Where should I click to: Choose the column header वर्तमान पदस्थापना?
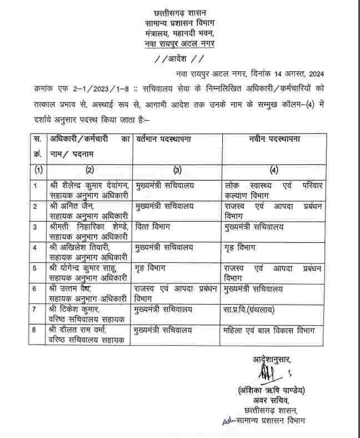[x=164, y=139]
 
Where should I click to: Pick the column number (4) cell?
[x=274, y=170]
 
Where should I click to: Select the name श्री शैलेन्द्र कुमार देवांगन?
[x=89, y=185]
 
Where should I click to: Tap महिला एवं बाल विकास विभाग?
[x=267, y=331]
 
